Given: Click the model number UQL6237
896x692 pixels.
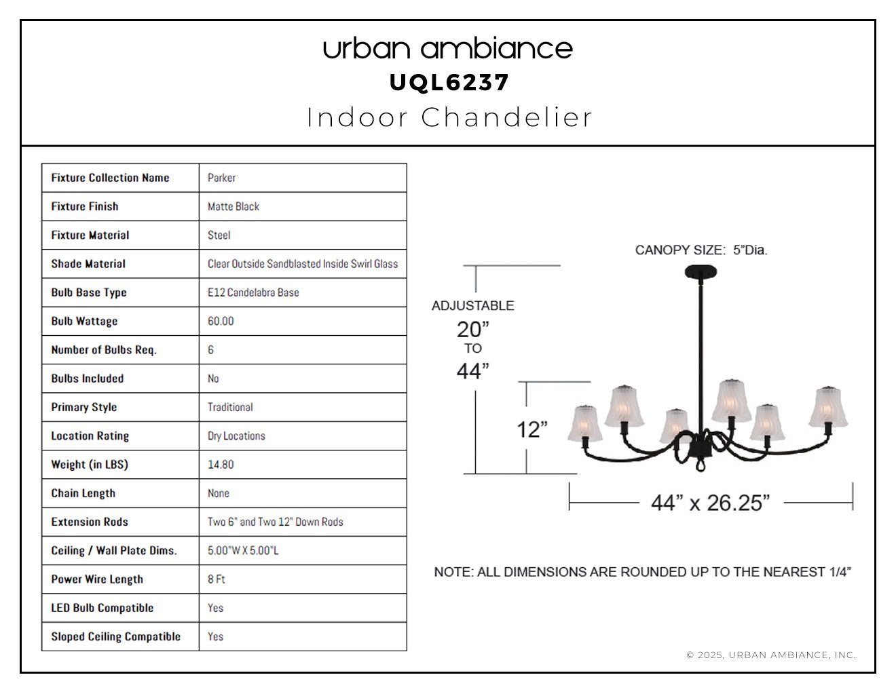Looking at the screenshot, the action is click(449, 83).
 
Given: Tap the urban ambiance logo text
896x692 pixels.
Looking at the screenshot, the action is click(448, 49).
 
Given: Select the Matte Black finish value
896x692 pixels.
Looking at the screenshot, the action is click(234, 206).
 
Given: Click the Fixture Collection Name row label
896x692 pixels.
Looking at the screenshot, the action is click(110, 178).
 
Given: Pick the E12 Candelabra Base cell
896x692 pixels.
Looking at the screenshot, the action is click(253, 292).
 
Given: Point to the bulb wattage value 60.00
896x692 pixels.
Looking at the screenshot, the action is click(221, 321).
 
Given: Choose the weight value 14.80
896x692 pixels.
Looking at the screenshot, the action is click(221, 465).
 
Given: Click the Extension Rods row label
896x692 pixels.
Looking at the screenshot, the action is click(90, 522).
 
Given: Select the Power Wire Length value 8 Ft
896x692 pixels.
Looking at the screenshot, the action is click(216, 579).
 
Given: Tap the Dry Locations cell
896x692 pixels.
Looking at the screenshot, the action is click(236, 436).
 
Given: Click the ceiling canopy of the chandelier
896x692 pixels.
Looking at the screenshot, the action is click(701, 272).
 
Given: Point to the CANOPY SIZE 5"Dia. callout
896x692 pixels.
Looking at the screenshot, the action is click(701, 250).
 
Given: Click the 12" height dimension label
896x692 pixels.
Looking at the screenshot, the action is click(532, 429).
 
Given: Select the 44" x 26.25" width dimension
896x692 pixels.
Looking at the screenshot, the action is click(710, 503).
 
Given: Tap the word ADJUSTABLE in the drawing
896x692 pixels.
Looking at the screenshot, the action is click(473, 305).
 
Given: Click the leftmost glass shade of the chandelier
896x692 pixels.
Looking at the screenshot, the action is click(584, 424).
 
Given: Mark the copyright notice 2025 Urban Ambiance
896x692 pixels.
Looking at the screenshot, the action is click(771, 655).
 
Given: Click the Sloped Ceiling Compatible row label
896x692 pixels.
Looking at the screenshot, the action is click(116, 636).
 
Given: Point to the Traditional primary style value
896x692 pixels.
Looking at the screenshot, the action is click(230, 407).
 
